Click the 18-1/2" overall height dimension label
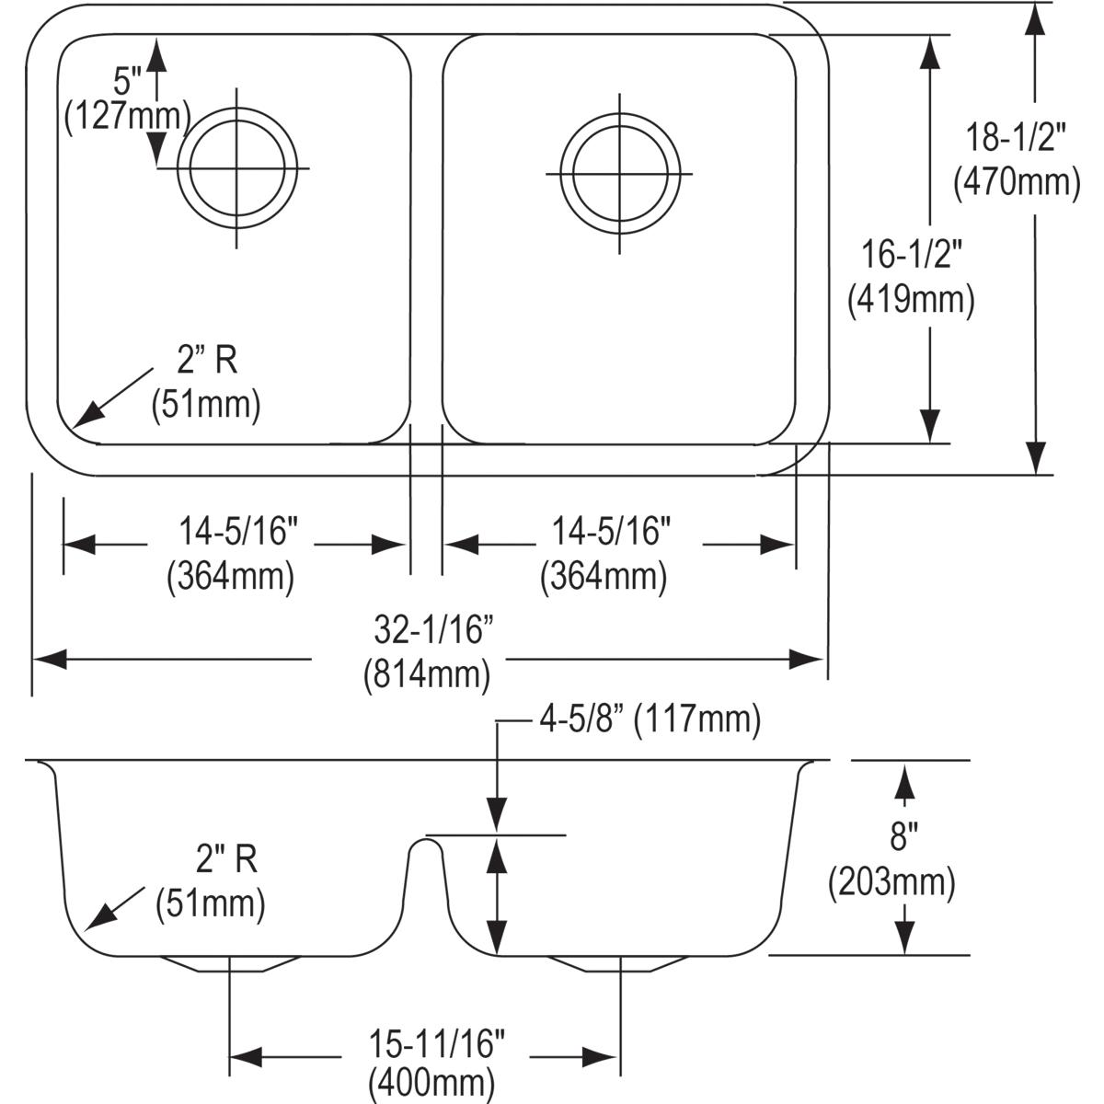click(x=1016, y=138)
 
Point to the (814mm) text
click(x=425, y=674)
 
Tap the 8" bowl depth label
click(x=904, y=837)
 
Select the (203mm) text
click(x=891, y=882)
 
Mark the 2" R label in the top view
click(x=207, y=361)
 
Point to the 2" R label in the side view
click(x=226, y=860)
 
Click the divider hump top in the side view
click(x=425, y=840)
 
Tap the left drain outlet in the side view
click(x=231, y=964)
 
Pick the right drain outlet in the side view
click(x=618, y=964)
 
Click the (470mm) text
click(x=1016, y=182)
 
